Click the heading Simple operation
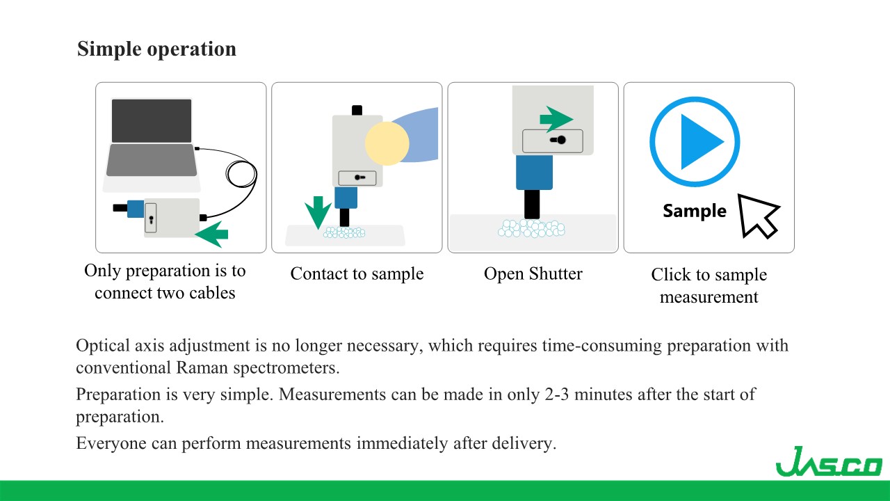point(156,49)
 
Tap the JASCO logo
point(828,461)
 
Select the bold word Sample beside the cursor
point(694,211)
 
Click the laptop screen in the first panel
point(152,120)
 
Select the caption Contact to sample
point(357,273)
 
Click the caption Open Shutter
point(533,273)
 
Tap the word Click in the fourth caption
point(670,275)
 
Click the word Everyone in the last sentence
point(107,443)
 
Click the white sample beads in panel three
point(532,228)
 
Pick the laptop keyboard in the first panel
point(151,160)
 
